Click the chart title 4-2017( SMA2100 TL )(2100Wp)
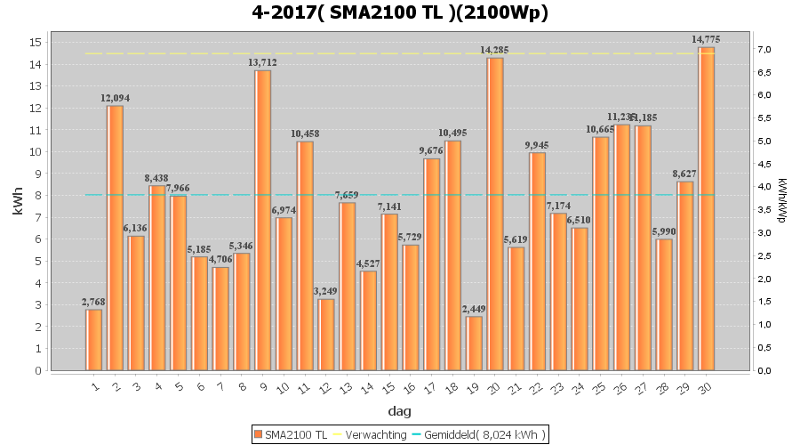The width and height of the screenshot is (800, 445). pyautogui.click(x=400, y=12)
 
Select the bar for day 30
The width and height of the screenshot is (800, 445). pyautogui.click(x=707, y=208)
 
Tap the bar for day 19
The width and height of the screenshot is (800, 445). pyautogui.click(x=474, y=343)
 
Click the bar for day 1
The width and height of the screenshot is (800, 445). pyautogui.click(x=94, y=339)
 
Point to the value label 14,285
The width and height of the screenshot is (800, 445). pyautogui.click(x=495, y=50)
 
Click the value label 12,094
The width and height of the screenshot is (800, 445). pyautogui.click(x=115, y=98)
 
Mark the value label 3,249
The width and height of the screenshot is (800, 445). pyautogui.click(x=326, y=291)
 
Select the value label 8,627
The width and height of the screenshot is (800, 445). pyautogui.click(x=685, y=174)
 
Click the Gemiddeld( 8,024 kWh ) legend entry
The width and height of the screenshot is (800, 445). pyautogui.click(x=484, y=434)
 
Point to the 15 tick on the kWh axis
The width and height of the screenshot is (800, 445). pyautogui.click(x=36, y=43)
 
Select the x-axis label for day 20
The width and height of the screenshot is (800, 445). pyautogui.click(x=494, y=387)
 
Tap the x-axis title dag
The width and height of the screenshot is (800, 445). pyautogui.click(x=399, y=411)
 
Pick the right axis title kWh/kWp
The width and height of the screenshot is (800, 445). pyautogui.click(x=782, y=200)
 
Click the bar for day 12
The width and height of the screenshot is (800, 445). pyautogui.click(x=326, y=334)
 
